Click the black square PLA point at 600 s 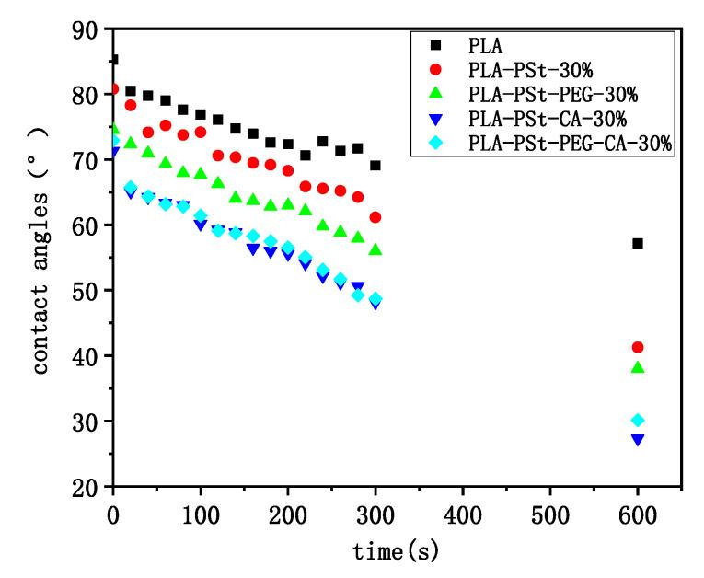coord(638,243)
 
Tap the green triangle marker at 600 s coord(638,368)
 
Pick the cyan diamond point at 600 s coord(638,420)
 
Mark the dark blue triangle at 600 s coord(638,440)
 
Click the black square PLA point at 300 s coord(375,166)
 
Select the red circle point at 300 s coord(375,217)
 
